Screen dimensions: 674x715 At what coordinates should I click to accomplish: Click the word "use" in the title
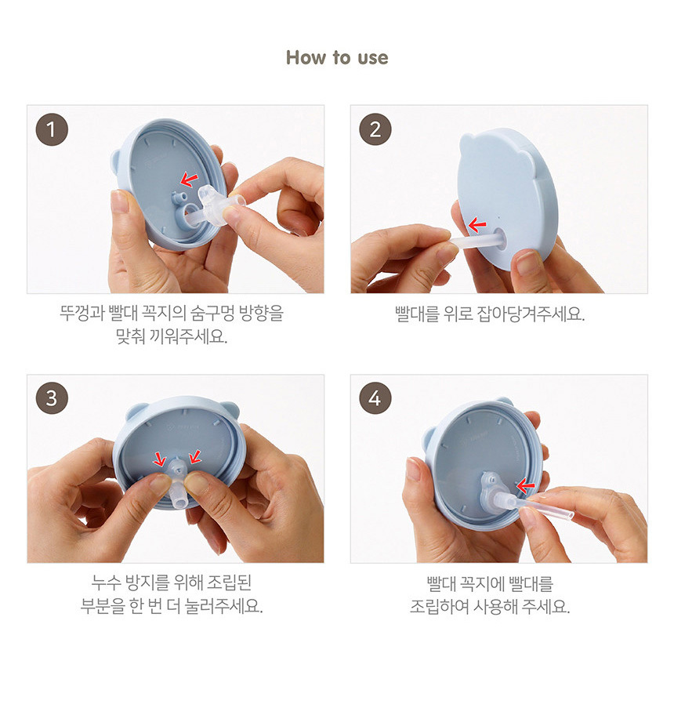coord(373,58)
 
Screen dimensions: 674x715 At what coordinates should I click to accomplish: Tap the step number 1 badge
coord(52,129)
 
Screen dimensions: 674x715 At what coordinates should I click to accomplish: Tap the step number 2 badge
coord(375,129)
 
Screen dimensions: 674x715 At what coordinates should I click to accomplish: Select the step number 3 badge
coord(52,397)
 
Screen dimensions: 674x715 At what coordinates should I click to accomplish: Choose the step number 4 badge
coord(375,397)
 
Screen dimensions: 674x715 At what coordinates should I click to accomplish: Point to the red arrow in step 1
coord(189,180)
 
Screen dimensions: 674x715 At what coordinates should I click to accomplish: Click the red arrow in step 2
coord(477,224)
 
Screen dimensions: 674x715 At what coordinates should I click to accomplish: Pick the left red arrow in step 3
coord(159,459)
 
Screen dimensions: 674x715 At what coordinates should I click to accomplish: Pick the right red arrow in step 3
coord(194,456)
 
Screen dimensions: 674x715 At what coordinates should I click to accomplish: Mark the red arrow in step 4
coord(525,486)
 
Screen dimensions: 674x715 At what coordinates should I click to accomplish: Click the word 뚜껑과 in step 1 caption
coord(82,314)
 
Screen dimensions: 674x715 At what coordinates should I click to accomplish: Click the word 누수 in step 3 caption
coord(105,583)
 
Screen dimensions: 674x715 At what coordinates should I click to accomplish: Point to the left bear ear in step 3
coord(136,412)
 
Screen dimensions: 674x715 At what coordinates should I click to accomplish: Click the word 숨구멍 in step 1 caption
coord(212,314)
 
